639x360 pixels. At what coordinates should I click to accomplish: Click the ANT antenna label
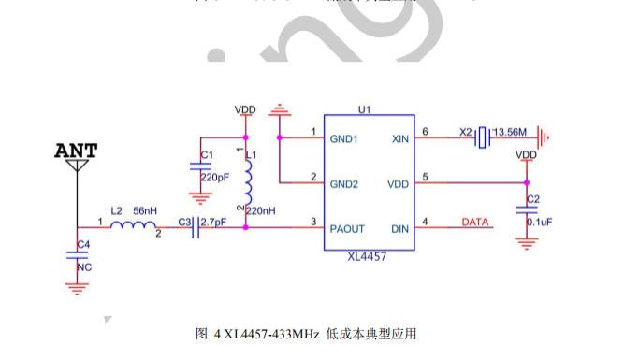pos(76,151)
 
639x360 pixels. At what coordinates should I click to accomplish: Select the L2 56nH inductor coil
pos(131,225)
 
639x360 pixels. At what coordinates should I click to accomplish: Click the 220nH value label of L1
pos(260,211)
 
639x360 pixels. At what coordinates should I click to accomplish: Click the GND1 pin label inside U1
pos(343,138)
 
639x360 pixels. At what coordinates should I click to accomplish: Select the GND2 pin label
pos(343,183)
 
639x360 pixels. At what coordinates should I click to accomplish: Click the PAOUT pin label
pos(346,228)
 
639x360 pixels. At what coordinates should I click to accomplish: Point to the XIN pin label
pos(399,138)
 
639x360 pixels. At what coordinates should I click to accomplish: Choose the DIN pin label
pos(399,228)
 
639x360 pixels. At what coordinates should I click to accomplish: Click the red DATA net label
pos(475,223)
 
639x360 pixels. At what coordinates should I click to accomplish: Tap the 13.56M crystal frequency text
pos(511,132)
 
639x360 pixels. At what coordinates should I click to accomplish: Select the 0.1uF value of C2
pos(540,221)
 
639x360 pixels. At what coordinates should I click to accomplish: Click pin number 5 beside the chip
pos(426,177)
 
